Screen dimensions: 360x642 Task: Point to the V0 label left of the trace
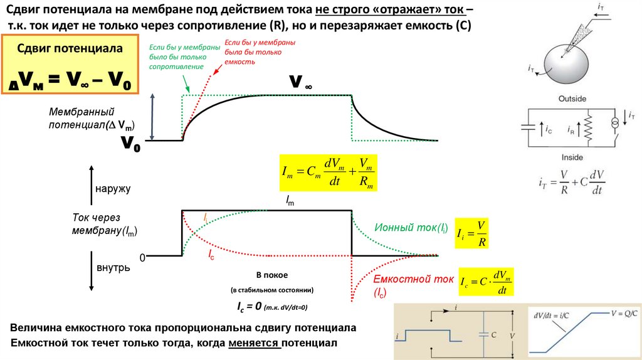tap(130, 144)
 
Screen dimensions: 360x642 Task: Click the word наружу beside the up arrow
tap(113, 188)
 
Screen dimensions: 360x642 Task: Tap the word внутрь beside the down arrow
tap(113, 268)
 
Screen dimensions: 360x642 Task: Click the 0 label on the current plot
tap(142, 258)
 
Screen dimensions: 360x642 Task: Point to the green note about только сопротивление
tap(176, 57)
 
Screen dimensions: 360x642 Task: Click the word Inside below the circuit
tap(571, 158)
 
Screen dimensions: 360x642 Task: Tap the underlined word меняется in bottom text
tap(254, 343)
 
